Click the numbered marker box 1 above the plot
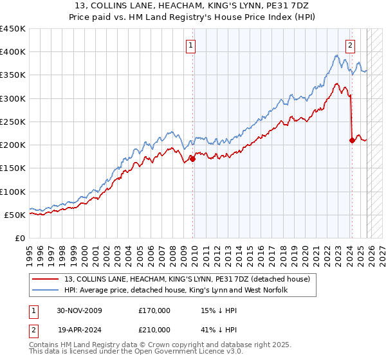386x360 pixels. pyautogui.click(x=192, y=45)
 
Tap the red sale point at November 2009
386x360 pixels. pyautogui.click(x=193, y=159)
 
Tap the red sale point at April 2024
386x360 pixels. pyautogui.click(x=352, y=140)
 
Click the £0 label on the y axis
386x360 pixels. pyautogui.click(x=20, y=238)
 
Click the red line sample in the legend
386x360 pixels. pyautogui.click(x=46, y=279)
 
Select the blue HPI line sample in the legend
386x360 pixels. pyautogui.click(x=46, y=291)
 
